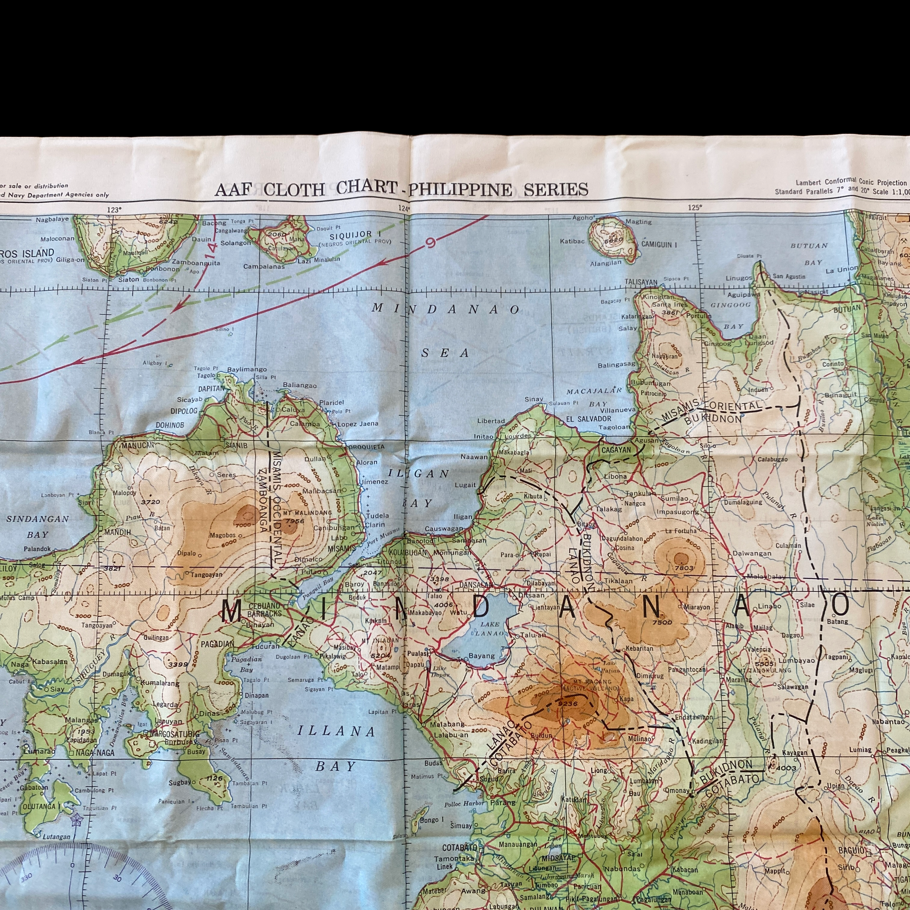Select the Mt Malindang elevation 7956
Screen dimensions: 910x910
tap(295, 521)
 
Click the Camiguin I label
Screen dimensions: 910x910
tap(659, 245)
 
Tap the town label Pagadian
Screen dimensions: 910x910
tap(218, 644)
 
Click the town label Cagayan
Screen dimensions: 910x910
tap(616, 450)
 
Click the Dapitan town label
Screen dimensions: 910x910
tap(212, 389)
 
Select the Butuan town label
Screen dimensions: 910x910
tap(847, 309)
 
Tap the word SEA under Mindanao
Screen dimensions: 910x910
tap(445, 353)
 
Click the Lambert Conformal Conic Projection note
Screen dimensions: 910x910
tap(851, 182)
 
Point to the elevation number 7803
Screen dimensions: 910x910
tap(684, 568)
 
